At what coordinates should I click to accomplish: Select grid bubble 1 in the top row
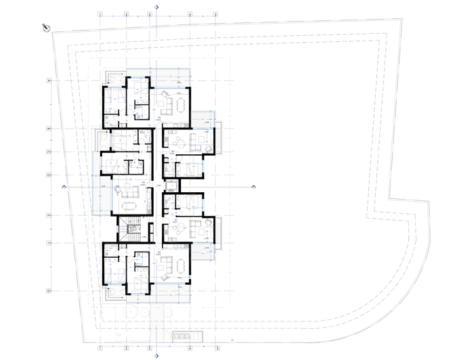coord(100,14)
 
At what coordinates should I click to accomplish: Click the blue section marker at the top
coord(158,6)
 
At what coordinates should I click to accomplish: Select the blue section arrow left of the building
coord(64,186)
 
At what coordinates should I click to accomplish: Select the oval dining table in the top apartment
coord(182,104)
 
